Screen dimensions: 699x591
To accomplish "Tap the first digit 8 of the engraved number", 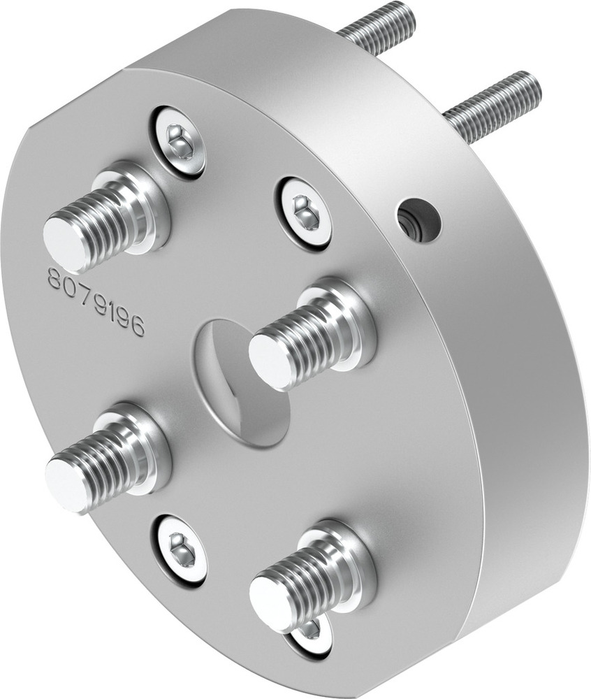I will click(x=54, y=278).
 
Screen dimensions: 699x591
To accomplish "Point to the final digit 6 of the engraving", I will click(x=138, y=327).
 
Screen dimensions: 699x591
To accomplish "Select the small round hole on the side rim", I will click(x=418, y=220).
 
